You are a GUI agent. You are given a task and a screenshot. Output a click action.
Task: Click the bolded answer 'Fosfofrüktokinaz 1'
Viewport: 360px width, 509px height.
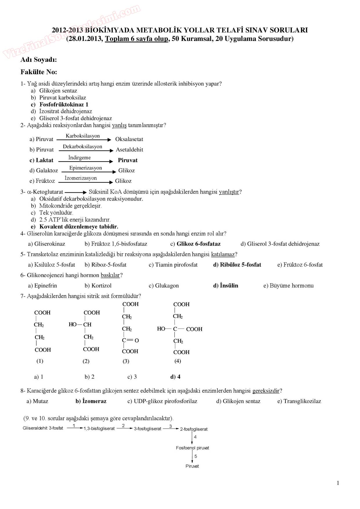[x=64, y=104]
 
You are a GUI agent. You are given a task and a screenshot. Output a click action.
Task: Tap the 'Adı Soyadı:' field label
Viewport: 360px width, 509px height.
[x=39, y=60]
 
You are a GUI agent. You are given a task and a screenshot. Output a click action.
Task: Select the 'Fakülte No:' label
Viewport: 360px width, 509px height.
[x=39, y=72]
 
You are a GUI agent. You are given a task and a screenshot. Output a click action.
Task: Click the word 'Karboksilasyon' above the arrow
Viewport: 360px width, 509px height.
[x=83, y=136]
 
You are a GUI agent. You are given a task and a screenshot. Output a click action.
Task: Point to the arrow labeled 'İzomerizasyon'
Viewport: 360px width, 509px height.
[x=85, y=182]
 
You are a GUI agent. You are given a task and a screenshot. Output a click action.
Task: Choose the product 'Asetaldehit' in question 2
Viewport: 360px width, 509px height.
[x=129, y=150]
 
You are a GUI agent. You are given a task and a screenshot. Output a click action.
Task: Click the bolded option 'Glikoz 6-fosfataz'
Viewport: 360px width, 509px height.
[x=199, y=244]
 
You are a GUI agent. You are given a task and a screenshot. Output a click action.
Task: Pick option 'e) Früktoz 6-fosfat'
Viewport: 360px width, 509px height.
[x=300, y=265]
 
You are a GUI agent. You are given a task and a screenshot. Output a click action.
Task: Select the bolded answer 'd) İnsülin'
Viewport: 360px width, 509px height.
[x=226, y=286]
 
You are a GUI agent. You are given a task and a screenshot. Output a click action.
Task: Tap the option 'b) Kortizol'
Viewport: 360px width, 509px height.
[x=98, y=286]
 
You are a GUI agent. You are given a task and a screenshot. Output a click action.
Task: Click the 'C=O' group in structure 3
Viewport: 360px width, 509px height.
[x=130, y=340]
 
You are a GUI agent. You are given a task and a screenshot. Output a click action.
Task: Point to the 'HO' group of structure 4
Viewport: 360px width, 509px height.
[x=161, y=329]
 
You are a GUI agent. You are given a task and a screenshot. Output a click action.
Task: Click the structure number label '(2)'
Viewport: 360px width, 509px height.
[x=86, y=361]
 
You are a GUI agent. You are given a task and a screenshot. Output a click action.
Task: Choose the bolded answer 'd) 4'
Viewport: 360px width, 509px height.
[x=175, y=377]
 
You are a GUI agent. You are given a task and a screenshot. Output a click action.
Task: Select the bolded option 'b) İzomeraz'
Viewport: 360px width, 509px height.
[x=91, y=401]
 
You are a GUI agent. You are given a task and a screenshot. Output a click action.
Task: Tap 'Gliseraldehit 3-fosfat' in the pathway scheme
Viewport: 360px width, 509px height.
[x=43, y=428]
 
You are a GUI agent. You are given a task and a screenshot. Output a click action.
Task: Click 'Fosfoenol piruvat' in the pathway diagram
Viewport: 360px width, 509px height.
[x=192, y=448]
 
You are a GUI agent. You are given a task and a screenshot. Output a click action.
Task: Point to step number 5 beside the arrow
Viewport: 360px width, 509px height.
[x=196, y=456]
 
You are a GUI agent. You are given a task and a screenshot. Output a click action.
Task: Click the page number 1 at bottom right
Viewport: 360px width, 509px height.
[x=338, y=483]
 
